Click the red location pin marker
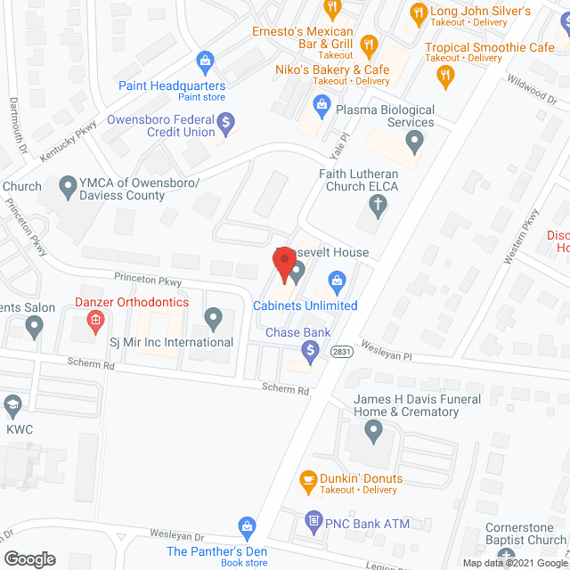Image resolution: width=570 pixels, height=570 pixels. [284, 265]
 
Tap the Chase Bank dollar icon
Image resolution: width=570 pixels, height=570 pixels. [310, 354]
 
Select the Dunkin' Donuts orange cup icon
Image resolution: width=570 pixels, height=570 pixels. [308, 482]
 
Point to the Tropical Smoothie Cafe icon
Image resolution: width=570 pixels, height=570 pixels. [446, 77]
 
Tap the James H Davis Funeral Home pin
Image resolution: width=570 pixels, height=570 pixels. [373, 433]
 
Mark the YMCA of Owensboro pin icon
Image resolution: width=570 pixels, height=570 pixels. [67, 188]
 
